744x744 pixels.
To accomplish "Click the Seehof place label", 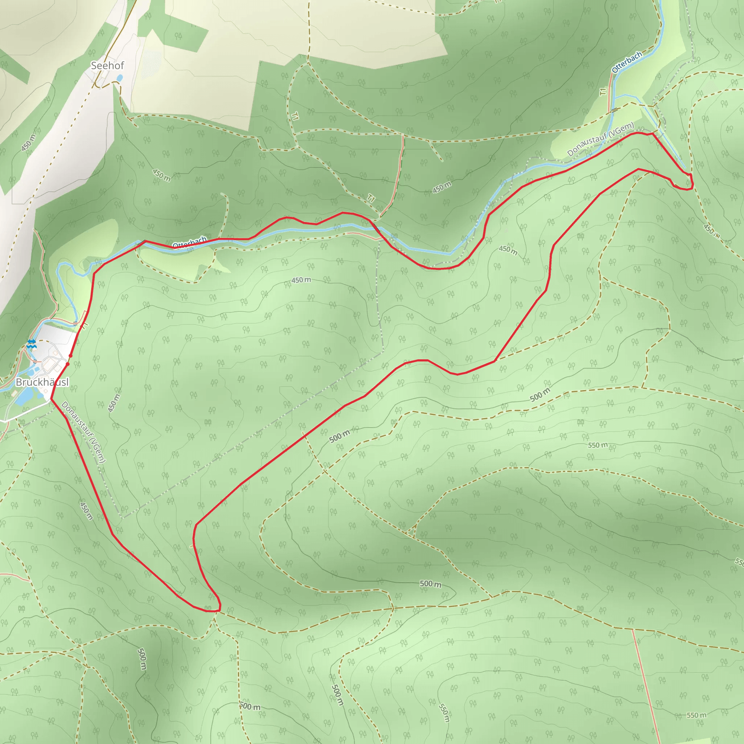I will pyautogui.click(x=107, y=66).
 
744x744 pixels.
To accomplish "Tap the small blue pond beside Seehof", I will pyautogui.click(x=120, y=78).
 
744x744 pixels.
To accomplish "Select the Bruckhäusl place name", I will pyautogui.click(x=43, y=382).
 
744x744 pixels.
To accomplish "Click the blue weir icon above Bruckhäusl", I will pyautogui.click(x=32, y=344).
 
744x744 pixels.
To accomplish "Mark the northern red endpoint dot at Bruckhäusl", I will pyautogui.click(x=70, y=356).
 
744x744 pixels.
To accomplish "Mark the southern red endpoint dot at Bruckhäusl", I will pyautogui.click(x=68, y=364).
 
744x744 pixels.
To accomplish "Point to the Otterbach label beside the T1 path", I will pyautogui.click(x=627, y=62).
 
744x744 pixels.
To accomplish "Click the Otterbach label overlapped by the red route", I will pyautogui.click(x=190, y=243).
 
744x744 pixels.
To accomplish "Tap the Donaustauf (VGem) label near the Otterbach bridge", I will pyautogui.click(x=601, y=139).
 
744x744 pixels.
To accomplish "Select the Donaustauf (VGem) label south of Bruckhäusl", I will pyautogui.click(x=83, y=432).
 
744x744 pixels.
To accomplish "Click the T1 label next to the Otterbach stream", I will pyautogui.click(x=603, y=92).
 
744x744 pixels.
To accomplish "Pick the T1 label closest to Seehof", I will pyautogui.click(x=295, y=116).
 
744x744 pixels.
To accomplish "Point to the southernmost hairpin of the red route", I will pyautogui.click(x=214, y=611).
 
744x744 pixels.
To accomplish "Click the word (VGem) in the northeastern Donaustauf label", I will pyautogui.click(x=622, y=128).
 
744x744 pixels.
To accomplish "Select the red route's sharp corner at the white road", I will pyautogui.click(x=51, y=399).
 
